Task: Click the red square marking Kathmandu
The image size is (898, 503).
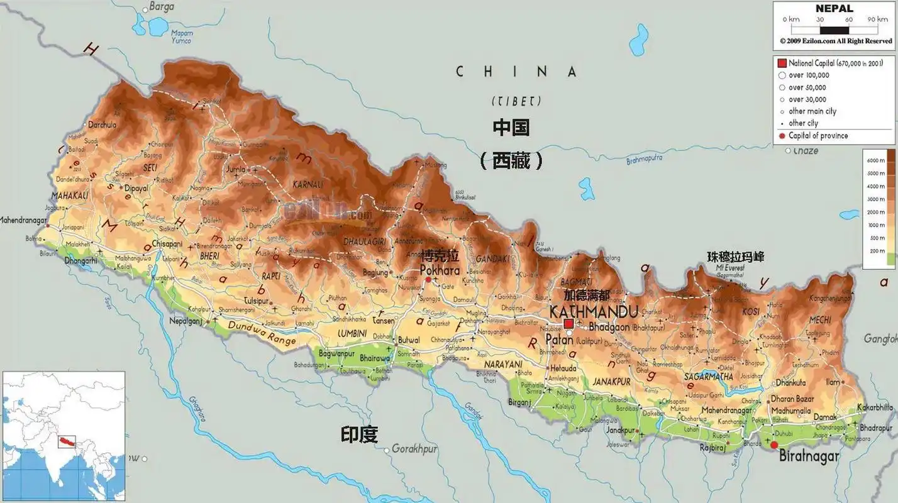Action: click(568, 323)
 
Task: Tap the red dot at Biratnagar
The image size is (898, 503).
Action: click(774, 445)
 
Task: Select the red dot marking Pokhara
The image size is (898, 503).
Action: click(428, 280)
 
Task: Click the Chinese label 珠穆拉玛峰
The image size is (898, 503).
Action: click(735, 257)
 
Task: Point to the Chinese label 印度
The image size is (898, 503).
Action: click(359, 434)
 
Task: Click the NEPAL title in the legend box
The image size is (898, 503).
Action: click(834, 9)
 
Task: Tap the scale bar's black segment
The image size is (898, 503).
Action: click(834, 30)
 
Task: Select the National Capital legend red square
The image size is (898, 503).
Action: click(782, 64)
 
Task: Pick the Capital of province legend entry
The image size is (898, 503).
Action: click(818, 136)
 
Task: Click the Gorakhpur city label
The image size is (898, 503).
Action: click(414, 449)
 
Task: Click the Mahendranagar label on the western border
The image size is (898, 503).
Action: click(24, 220)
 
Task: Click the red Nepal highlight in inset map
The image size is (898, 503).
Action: click(66, 441)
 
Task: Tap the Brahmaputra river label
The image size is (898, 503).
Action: click(644, 160)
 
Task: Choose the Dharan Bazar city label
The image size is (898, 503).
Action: click(792, 399)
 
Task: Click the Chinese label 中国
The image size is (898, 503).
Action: click(511, 128)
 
